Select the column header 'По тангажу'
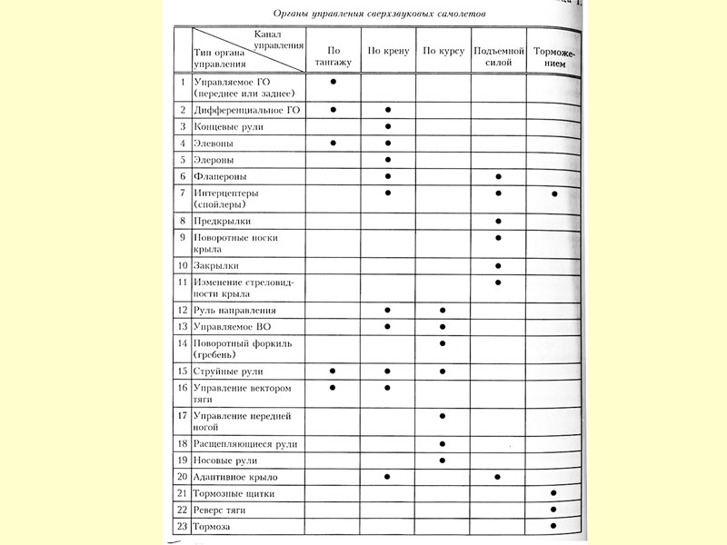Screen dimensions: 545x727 point(333,56)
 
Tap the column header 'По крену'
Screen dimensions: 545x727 point(388,51)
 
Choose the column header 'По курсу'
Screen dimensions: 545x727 point(443,51)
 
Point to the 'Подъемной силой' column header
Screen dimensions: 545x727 point(498,56)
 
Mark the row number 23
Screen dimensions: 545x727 point(182,526)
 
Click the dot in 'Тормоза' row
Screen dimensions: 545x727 point(553,526)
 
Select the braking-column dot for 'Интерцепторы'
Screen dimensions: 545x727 point(553,193)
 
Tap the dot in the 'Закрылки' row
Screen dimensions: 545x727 point(498,265)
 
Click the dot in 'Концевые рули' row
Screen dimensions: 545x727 point(388,126)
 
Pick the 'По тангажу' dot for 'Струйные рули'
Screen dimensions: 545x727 point(333,371)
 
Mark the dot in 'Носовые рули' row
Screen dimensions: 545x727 point(443,460)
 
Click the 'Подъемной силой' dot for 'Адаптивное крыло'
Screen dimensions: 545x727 point(498,477)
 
